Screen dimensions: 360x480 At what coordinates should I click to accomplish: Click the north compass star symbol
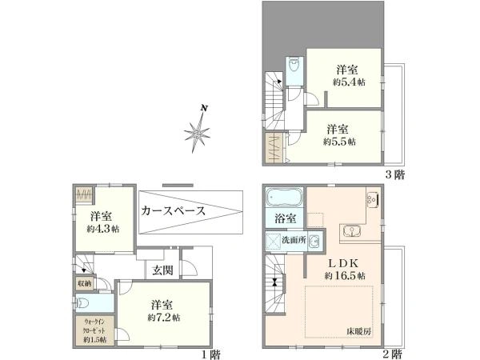[x=197, y=131]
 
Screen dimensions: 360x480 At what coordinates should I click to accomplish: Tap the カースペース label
[x=173, y=212]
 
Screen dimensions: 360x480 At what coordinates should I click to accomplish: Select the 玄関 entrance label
[x=162, y=270]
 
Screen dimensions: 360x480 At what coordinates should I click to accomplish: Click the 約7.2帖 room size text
[x=164, y=317]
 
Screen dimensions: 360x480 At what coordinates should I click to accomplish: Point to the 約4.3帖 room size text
[x=104, y=229]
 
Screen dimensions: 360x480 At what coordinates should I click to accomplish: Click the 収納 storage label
[x=84, y=282]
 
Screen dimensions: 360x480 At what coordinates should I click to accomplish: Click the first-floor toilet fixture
[x=86, y=303]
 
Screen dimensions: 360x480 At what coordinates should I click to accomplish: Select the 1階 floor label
[x=211, y=353]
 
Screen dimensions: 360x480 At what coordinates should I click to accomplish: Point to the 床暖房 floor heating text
[x=359, y=330]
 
